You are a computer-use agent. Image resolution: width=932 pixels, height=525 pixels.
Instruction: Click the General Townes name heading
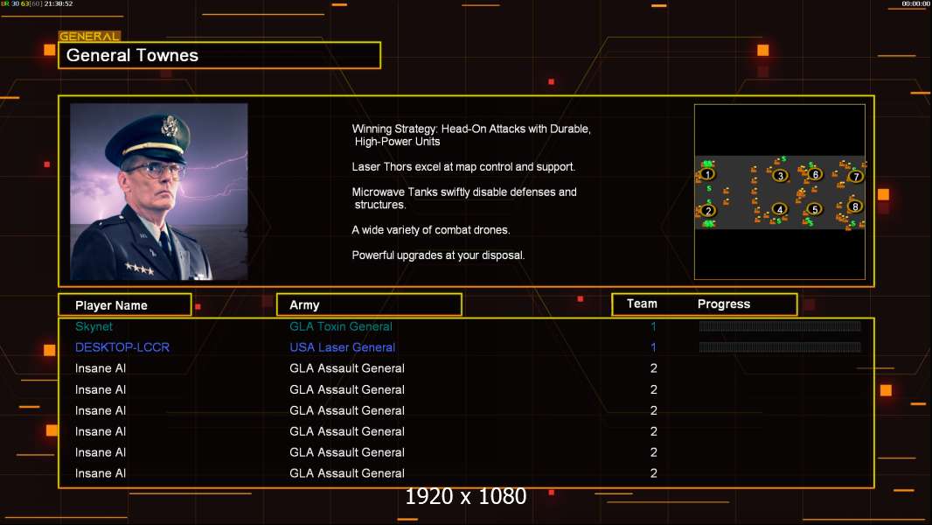(x=133, y=55)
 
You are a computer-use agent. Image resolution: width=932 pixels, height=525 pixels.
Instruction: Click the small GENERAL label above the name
(x=89, y=37)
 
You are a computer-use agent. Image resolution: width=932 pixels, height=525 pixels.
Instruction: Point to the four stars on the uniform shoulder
(x=138, y=269)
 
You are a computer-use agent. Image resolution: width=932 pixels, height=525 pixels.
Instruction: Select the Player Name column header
(x=111, y=305)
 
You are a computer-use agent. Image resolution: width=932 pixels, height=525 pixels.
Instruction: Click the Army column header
(x=304, y=305)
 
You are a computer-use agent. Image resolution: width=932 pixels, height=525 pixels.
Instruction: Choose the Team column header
(x=642, y=304)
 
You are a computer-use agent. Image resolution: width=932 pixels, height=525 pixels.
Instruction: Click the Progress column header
(x=724, y=304)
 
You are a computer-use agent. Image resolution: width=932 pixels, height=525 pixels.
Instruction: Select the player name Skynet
(x=94, y=326)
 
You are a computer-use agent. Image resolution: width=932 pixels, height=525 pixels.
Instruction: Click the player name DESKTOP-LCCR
(x=122, y=347)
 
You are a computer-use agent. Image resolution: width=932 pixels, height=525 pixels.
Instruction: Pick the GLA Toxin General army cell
(x=341, y=326)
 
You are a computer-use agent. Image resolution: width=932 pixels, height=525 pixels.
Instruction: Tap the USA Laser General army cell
(x=343, y=347)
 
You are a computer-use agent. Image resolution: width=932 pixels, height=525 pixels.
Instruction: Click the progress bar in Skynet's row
(x=780, y=326)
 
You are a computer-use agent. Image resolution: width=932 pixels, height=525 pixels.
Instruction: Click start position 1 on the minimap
(x=708, y=174)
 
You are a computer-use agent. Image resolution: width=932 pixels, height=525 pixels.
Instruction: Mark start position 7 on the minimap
(x=855, y=177)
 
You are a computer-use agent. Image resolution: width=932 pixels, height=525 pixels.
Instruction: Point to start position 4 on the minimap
(x=780, y=210)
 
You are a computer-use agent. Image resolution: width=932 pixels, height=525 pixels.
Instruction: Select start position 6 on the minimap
(x=815, y=174)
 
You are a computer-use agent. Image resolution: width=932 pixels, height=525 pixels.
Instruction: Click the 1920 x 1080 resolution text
(x=466, y=497)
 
